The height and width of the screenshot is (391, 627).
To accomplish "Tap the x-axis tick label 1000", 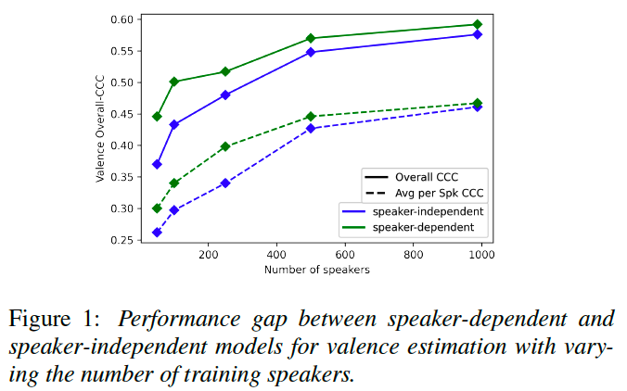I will click(480, 256).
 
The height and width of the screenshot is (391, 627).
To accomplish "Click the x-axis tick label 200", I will click(208, 256).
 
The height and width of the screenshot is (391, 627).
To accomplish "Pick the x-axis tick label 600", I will click(344, 256).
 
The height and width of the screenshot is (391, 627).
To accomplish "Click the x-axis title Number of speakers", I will click(316, 271).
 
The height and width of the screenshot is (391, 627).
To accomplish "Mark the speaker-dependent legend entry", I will click(425, 227).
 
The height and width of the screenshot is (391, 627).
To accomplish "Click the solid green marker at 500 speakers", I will click(311, 38).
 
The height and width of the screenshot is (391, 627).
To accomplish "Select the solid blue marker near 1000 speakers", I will click(477, 34).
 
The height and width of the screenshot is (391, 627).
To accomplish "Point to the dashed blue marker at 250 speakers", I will click(225, 183).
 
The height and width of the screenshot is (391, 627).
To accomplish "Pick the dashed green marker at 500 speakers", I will click(311, 117).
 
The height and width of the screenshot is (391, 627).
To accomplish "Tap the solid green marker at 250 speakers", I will click(225, 71).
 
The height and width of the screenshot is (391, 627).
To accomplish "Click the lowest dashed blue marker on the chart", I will click(157, 232).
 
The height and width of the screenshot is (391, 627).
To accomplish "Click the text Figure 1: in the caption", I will click(53, 320).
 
